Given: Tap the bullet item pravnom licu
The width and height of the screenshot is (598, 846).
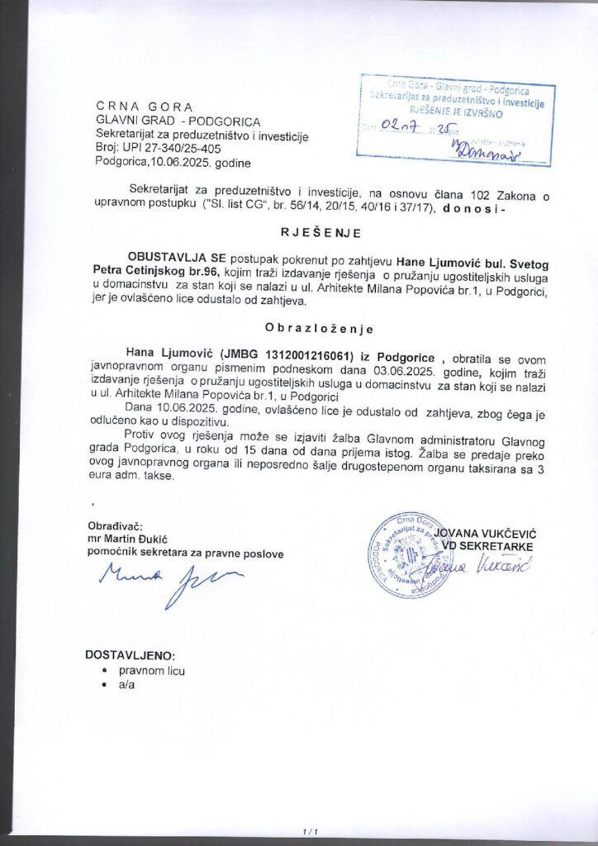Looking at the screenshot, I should (x=152, y=671).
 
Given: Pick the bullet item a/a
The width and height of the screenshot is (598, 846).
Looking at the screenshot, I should (x=126, y=686).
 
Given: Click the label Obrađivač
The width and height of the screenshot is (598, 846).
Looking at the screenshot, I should (x=115, y=526).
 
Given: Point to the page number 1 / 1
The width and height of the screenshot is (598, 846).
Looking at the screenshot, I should (x=311, y=830).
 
